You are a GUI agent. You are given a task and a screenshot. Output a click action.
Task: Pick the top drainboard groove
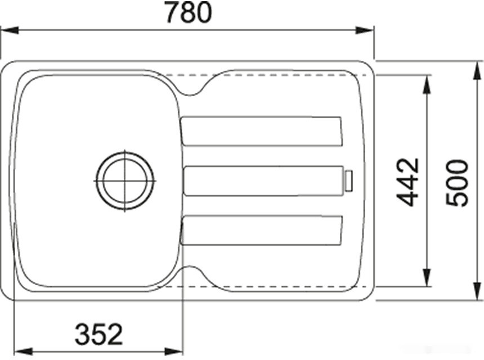[261, 131]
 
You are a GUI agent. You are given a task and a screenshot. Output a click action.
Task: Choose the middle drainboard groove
[263, 181]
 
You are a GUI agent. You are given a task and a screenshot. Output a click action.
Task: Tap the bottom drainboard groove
[261, 230]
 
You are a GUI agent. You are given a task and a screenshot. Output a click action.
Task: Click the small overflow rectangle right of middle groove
[349, 181]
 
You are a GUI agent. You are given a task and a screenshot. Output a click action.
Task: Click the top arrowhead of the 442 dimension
[427, 79]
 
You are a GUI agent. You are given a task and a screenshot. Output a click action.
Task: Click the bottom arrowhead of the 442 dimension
[427, 281]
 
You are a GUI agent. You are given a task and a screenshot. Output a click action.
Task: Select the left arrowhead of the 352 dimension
[19, 350]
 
